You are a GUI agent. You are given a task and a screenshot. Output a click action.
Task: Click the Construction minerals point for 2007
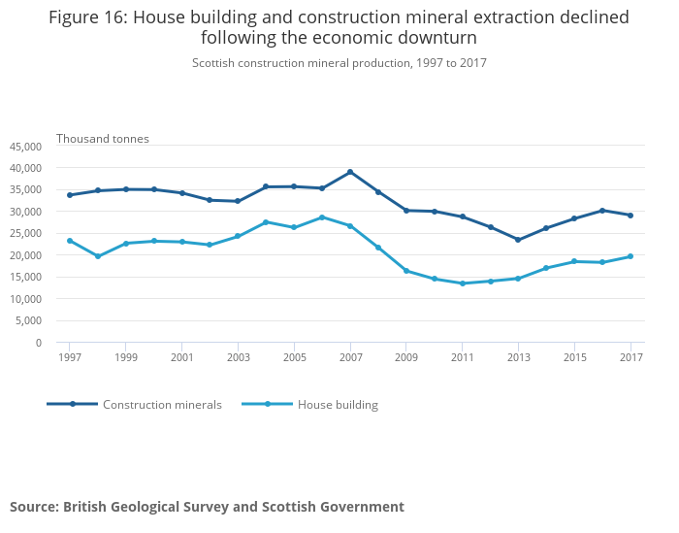(350, 172)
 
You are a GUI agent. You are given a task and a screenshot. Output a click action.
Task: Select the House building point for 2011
(463, 283)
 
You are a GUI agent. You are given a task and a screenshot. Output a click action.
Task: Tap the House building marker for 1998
(98, 256)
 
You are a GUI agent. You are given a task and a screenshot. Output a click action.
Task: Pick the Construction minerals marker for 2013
(518, 240)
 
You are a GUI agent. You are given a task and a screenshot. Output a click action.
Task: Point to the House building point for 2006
(322, 217)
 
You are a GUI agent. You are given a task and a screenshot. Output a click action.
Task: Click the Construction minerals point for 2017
(630, 216)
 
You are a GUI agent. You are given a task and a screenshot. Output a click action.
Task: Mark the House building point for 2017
(630, 256)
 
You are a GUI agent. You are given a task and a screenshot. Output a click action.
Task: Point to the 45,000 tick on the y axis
(25, 147)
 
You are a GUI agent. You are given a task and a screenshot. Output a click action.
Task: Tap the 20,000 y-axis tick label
(25, 255)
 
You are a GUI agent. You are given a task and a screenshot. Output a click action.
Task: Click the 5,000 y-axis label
(28, 321)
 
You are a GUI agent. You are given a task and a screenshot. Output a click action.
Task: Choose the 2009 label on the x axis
(406, 357)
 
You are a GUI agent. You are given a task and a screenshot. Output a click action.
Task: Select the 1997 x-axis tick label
(70, 357)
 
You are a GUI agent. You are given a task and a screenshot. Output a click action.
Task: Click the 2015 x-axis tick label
(574, 357)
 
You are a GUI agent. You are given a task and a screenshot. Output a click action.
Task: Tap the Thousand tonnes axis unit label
(103, 139)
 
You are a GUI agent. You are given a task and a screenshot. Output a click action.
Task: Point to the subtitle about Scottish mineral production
(339, 63)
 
